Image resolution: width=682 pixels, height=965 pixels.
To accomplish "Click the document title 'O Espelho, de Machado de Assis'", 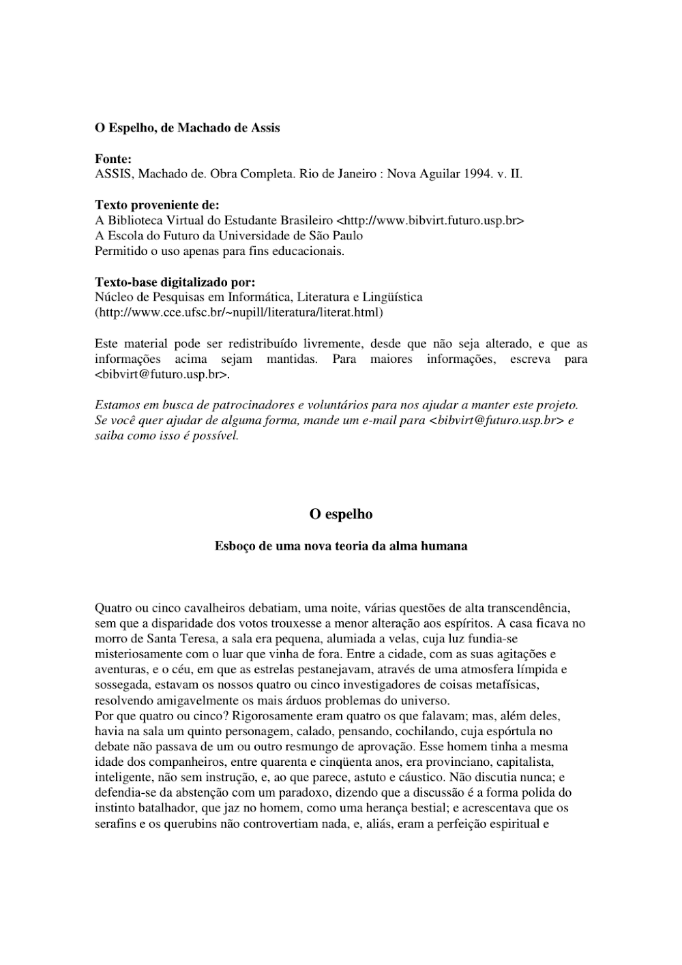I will tap(187, 128).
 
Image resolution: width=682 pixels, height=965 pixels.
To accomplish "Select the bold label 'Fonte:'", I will tap(113, 159).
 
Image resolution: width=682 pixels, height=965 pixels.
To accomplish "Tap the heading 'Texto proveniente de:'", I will tap(157, 205).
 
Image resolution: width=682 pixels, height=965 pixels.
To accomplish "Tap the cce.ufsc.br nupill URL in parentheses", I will tap(239, 313).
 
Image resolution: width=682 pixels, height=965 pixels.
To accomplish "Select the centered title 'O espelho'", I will tap(341, 514).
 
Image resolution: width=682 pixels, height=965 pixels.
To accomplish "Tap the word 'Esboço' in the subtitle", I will tap(235, 546).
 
